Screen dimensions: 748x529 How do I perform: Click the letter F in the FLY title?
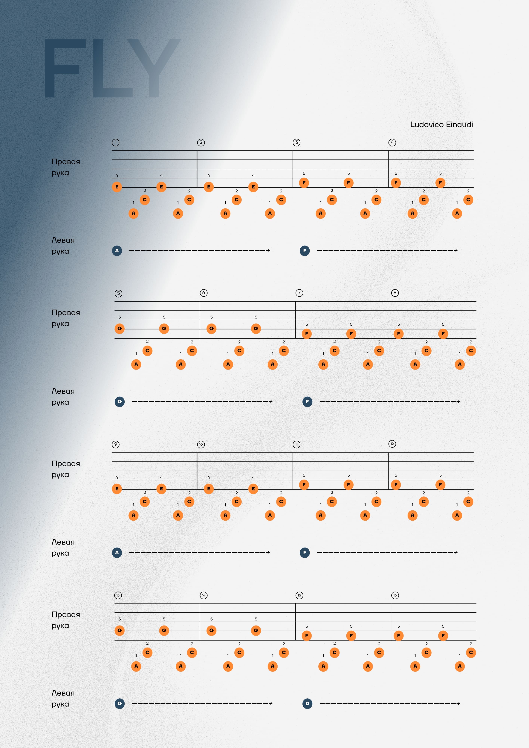(x=65, y=68)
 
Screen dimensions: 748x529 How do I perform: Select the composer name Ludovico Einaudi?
(x=441, y=125)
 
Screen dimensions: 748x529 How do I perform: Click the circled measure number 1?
(x=116, y=142)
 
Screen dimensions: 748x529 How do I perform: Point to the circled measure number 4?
(x=392, y=142)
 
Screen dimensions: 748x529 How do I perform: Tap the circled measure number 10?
(x=201, y=444)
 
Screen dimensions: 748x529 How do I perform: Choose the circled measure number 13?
(x=118, y=595)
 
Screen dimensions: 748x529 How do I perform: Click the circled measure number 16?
(x=395, y=595)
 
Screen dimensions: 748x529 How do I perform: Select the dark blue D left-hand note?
(x=307, y=703)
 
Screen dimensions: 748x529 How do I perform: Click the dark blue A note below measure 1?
(x=117, y=251)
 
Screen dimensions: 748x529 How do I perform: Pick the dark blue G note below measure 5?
(x=120, y=401)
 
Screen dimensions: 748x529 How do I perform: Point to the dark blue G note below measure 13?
(x=120, y=703)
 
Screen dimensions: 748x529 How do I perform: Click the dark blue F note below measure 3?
(x=305, y=251)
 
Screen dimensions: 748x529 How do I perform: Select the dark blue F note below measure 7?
(x=307, y=401)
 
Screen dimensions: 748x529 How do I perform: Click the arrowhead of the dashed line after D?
(x=459, y=703)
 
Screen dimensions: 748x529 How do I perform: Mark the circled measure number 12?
(x=392, y=444)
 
